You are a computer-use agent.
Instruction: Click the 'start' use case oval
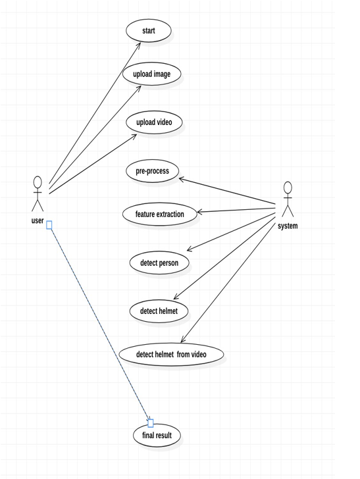pos(149,30)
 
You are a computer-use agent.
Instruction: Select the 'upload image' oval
pos(151,74)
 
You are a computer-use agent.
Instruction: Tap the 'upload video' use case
pos(154,122)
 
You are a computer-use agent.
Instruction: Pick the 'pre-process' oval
pos(152,171)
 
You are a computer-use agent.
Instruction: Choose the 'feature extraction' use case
pos(159,214)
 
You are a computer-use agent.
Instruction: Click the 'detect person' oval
pos(159,263)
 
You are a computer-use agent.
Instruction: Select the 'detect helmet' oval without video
pos(159,311)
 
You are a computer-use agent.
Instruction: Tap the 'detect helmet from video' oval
pos(171,355)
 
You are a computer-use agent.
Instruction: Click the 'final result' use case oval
pos(157,435)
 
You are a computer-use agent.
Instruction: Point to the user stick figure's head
pos(38,182)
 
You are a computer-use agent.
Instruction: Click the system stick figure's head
pos(288,188)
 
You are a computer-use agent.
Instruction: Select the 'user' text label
pos(38,220)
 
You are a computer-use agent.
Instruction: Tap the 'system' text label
pos(288,226)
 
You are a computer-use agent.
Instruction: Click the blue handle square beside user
pos(49,225)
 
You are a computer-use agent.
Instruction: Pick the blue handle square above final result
pos(150,424)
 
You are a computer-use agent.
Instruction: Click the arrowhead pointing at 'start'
pos(139,44)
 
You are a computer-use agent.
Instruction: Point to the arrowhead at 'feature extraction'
pos(199,212)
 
